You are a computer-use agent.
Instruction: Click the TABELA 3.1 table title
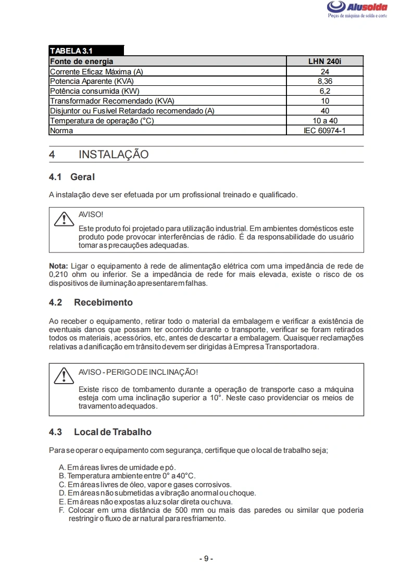click(x=71, y=51)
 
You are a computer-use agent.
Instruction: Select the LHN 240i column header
click(x=324, y=61)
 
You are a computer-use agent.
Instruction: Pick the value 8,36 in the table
click(x=324, y=81)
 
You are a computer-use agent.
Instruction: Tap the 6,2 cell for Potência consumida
click(x=324, y=91)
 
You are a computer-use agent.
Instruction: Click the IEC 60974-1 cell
click(x=324, y=131)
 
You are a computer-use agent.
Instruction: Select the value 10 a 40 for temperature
click(x=324, y=121)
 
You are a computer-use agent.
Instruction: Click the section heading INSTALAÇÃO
click(x=114, y=155)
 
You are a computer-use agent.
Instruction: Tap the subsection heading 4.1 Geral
click(x=72, y=177)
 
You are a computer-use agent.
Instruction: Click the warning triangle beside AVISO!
click(x=63, y=219)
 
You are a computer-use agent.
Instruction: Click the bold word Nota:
click(x=58, y=266)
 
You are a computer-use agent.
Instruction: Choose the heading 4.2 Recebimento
click(x=91, y=302)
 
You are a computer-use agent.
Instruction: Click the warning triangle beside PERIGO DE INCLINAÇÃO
click(x=63, y=376)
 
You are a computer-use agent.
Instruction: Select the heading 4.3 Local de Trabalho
click(x=100, y=432)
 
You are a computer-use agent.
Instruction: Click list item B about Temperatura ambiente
click(x=128, y=476)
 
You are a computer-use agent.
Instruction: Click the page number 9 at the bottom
click(x=206, y=558)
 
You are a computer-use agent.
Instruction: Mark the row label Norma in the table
click(x=61, y=131)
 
